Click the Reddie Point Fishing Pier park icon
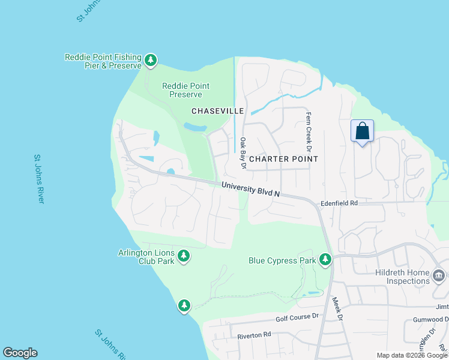(150, 60)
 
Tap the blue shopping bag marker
(362, 131)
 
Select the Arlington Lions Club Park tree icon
(184, 257)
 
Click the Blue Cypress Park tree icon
(325, 259)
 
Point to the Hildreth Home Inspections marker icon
(439, 275)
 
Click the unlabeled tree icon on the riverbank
(184, 306)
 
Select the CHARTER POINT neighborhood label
(283, 159)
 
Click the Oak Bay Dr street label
(243, 150)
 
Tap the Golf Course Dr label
(297, 317)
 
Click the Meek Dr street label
(336, 310)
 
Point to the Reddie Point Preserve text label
(185, 90)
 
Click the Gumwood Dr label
(430, 319)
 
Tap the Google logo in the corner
(20, 353)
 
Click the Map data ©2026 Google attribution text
(412, 355)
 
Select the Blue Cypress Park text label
(282, 260)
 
